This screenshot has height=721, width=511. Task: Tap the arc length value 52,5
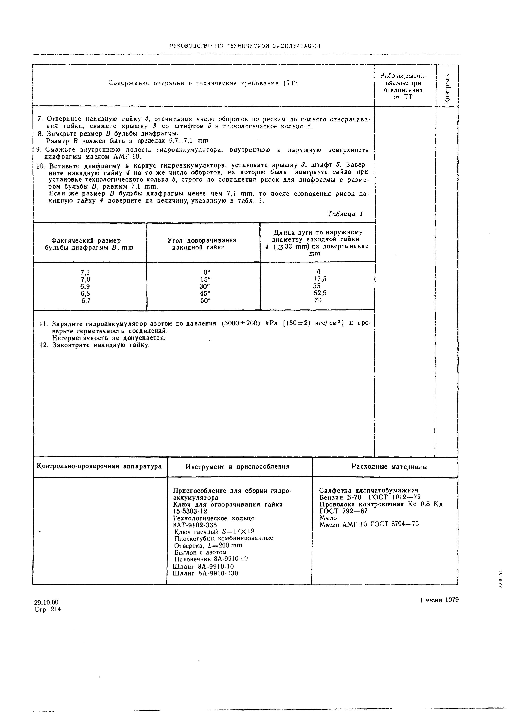tap(320, 293)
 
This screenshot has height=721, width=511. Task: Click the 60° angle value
tap(205, 301)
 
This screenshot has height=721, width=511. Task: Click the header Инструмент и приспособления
tap(237, 467)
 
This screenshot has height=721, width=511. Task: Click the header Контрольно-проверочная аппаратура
tap(99, 466)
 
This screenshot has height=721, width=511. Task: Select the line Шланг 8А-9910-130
tap(205, 573)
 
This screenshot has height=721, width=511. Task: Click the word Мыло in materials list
tap(328, 518)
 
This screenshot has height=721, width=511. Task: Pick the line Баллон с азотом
tap(200, 552)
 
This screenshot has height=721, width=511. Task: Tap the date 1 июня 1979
tap(439, 600)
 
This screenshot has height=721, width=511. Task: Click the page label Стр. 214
tap(47, 609)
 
